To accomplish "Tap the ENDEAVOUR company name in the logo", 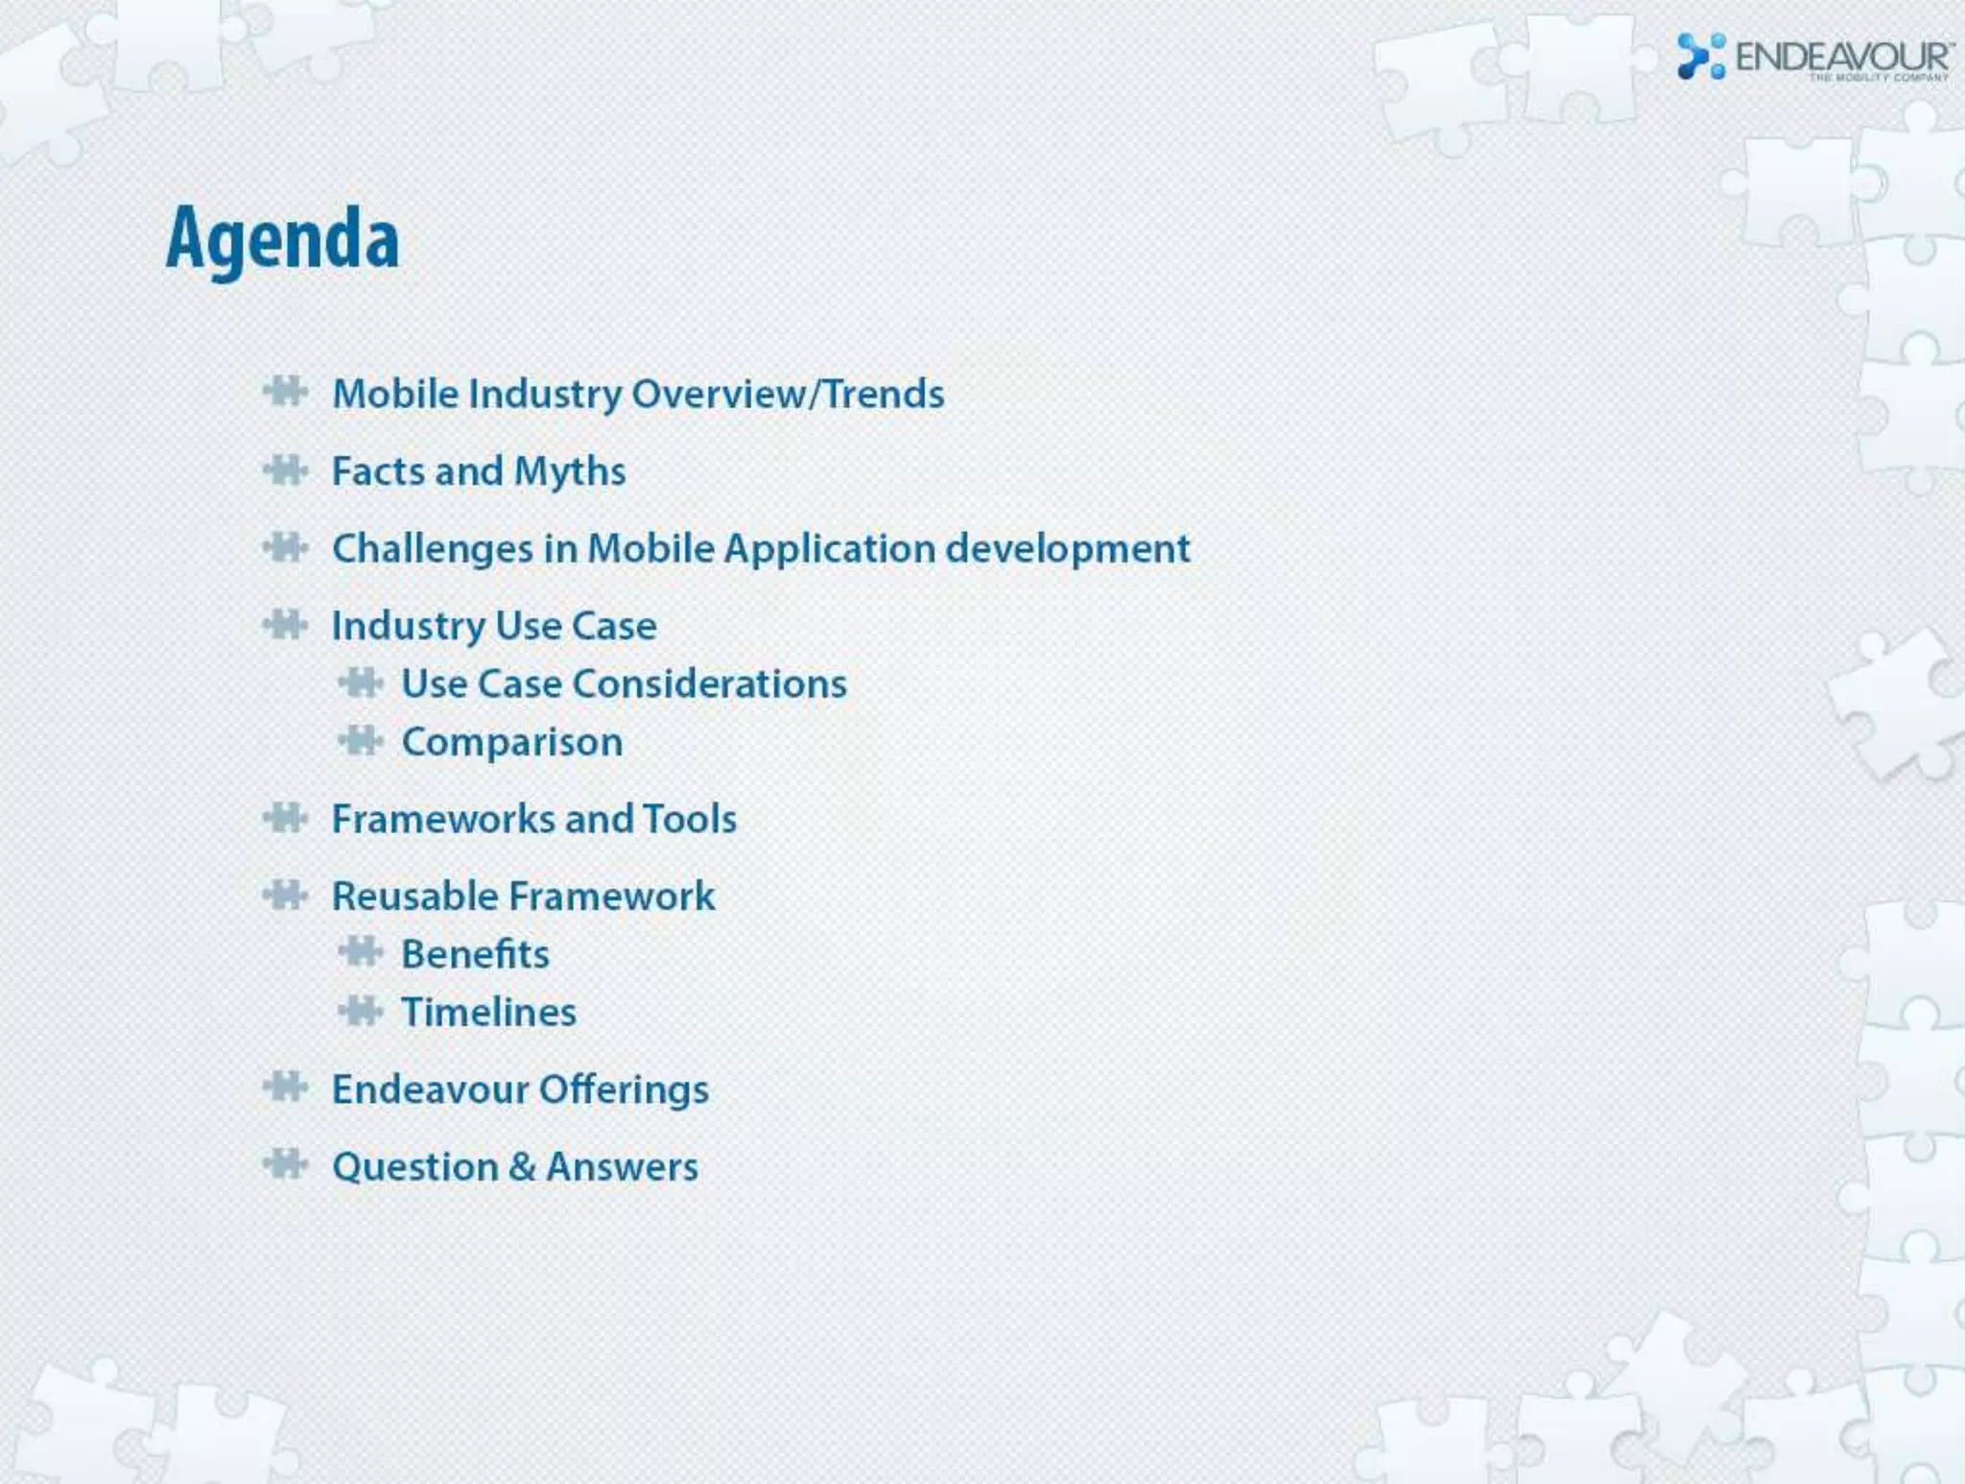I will (1842, 58).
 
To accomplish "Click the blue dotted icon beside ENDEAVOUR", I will (1700, 57).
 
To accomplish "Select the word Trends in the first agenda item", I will (884, 394).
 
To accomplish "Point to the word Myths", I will (570, 471).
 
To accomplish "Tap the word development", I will (1068, 549).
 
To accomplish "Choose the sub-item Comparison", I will (512, 742).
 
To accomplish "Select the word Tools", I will (690, 819).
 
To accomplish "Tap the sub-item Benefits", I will (476, 954).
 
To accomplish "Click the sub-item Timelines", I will (489, 1012).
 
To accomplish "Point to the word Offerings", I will (624, 1089).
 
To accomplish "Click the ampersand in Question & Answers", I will (522, 1166).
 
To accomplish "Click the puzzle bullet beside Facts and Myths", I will (285, 470).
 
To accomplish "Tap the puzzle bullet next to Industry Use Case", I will (285, 625).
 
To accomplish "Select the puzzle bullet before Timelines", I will (361, 1011).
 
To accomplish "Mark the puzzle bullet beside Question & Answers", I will (285, 1164).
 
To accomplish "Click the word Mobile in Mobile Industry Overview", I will (395, 394).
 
